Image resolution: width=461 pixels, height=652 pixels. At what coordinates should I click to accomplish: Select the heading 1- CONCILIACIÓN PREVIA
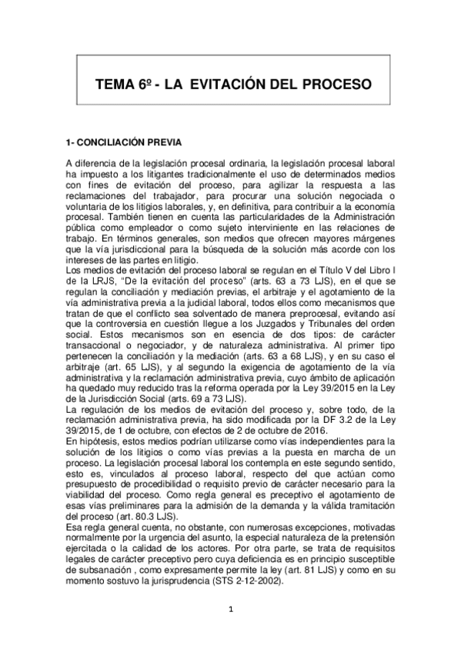(124, 143)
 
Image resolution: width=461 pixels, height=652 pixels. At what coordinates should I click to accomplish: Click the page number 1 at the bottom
(230, 610)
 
